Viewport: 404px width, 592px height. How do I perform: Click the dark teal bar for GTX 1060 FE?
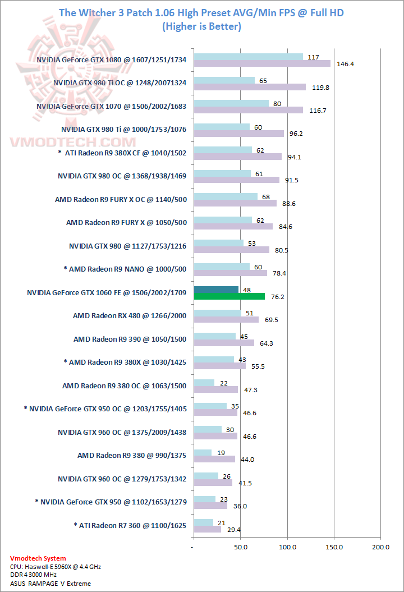click(216, 290)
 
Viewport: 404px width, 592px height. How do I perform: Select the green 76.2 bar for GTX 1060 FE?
click(229, 296)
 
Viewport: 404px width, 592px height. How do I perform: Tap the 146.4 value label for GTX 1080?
click(345, 64)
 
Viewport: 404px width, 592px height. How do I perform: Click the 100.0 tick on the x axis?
click(288, 546)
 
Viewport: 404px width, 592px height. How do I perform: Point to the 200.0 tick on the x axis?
click(381, 546)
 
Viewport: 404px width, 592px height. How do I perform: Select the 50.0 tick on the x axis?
click(241, 546)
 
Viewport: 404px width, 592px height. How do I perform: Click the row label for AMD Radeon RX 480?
click(130, 316)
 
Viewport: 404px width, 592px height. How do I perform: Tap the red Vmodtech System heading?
click(38, 558)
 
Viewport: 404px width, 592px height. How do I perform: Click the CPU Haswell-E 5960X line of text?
click(56, 567)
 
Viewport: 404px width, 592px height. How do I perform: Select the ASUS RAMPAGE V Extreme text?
click(50, 584)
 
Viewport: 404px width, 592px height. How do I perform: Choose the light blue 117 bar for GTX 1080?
click(248, 57)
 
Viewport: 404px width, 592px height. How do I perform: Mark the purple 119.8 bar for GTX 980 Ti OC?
click(249, 87)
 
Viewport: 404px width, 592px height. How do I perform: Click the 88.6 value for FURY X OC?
click(290, 204)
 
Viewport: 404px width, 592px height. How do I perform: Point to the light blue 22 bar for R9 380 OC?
click(204, 383)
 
